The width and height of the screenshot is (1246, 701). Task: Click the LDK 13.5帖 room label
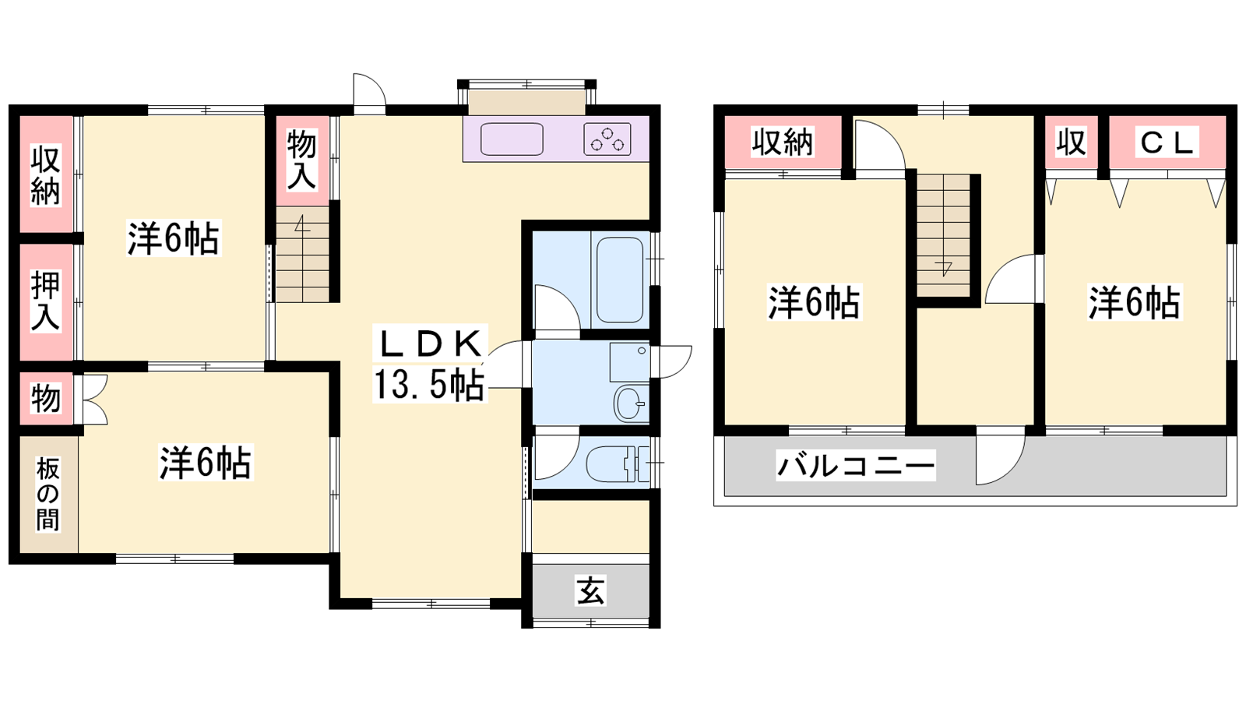tap(429, 364)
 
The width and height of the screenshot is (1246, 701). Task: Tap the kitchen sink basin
tap(512, 139)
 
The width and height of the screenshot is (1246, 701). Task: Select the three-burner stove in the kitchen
tap(607, 139)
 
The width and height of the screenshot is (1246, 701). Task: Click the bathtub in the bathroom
tap(620, 280)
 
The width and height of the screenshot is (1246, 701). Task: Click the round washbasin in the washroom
tap(630, 402)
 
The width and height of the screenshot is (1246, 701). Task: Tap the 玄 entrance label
tap(590, 590)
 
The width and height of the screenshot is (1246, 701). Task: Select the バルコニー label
tap(856, 465)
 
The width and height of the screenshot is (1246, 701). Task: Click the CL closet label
tap(1167, 143)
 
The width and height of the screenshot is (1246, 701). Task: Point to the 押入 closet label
tap(45, 301)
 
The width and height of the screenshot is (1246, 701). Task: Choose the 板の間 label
tap(48, 494)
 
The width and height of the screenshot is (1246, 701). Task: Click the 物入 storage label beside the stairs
tap(302, 160)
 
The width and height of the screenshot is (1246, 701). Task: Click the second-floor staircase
tap(943, 235)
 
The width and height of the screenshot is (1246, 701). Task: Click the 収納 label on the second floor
tap(783, 142)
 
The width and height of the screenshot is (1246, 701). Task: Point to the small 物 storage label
tap(46, 398)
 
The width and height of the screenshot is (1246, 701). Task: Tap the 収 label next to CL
tap(1072, 142)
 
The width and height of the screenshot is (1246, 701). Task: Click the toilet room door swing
tap(557, 457)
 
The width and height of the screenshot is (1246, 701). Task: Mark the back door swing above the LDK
tap(369, 93)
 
